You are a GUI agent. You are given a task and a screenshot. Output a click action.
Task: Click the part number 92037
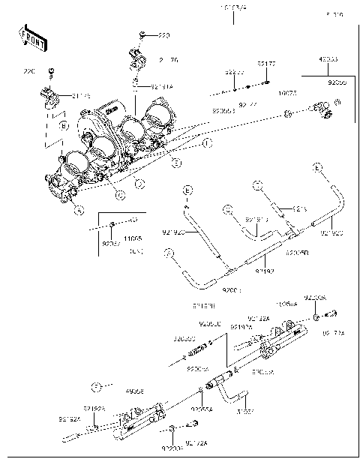click(111, 244)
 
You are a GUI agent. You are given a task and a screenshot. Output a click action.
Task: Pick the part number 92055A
click(202, 409)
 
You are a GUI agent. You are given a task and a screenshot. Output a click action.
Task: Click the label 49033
click(328, 58)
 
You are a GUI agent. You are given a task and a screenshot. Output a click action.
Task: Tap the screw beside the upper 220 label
click(142, 35)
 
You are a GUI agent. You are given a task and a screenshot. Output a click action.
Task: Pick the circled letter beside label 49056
click(95, 388)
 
